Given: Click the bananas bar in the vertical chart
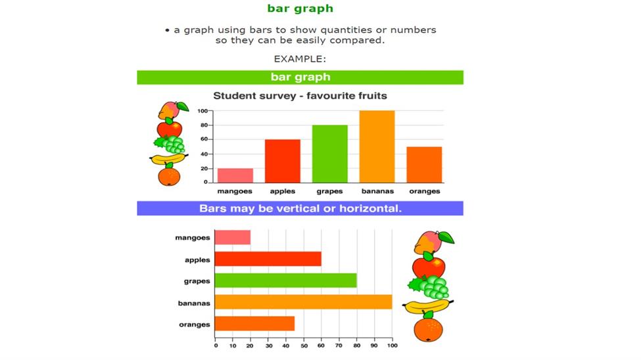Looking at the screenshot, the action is click(x=377, y=146).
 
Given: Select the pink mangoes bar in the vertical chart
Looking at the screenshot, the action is click(x=235, y=175).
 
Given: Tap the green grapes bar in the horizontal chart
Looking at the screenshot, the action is click(x=285, y=281).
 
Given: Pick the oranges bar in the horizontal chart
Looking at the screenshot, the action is click(x=254, y=324).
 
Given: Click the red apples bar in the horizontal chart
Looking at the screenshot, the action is click(x=268, y=259).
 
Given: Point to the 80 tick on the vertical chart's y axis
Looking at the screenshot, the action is click(x=204, y=125).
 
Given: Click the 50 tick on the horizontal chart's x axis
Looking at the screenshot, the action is click(x=304, y=346).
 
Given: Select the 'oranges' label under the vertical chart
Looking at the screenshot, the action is click(x=424, y=191).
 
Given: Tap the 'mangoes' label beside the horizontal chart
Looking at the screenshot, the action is click(x=193, y=238).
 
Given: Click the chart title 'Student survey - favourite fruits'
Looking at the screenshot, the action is click(x=300, y=96).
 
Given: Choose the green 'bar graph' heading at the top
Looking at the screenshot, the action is click(x=300, y=9).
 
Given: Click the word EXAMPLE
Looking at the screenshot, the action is click(x=300, y=59).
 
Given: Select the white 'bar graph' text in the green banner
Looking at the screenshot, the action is click(x=300, y=78).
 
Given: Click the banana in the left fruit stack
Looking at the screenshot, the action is click(x=168, y=158).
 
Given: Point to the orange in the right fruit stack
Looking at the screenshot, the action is click(x=428, y=329).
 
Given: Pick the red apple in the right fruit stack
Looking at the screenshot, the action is click(x=428, y=267).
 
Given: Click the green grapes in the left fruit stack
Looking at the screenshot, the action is click(x=170, y=145).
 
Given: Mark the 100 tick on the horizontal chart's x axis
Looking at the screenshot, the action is click(x=392, y=346).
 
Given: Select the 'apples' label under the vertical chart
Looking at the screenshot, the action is click(x=283, y=191).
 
